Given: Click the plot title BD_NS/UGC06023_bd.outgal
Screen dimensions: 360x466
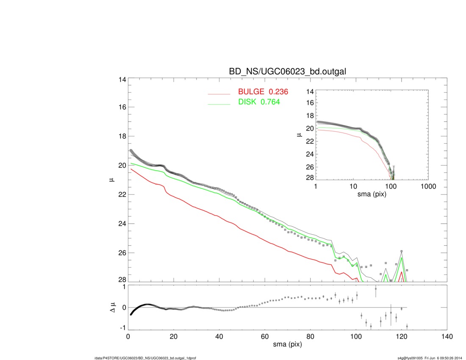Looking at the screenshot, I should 288,72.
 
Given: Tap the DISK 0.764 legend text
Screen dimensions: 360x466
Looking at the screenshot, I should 259,102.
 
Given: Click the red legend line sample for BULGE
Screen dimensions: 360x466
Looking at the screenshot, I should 219,94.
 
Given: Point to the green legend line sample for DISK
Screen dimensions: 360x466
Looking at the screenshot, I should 219,103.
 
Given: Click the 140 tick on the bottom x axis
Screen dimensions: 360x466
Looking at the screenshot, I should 447,337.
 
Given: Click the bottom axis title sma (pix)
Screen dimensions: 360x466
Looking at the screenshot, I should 287,346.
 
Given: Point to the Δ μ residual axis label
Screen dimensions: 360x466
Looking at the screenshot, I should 112,307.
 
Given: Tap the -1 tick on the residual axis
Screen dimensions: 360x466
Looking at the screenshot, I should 121,328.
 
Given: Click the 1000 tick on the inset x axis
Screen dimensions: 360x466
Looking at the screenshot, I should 428,186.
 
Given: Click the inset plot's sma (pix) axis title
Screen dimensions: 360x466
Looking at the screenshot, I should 372,194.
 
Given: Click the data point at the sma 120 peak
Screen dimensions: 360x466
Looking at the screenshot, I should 402,251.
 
